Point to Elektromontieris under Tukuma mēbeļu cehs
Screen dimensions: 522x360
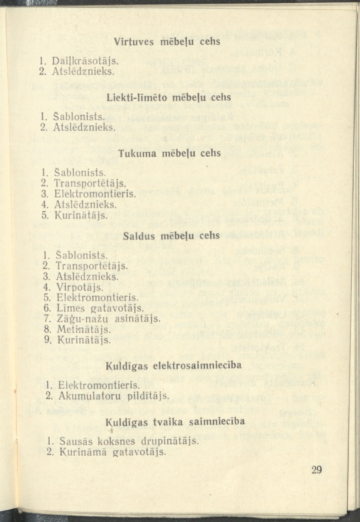(x=95, y=194)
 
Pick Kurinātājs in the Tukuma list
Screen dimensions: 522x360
(x=81, y=215)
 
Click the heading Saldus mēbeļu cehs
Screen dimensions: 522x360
(x=171, y=235)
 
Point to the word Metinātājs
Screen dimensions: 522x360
(x=81, y=329)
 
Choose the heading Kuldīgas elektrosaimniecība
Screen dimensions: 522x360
(x=174, y=366)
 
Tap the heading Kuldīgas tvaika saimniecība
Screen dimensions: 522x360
(x=175, y=421)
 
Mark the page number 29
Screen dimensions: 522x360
(x=317, y=470)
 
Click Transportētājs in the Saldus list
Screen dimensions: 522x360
(x=91, y=266)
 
